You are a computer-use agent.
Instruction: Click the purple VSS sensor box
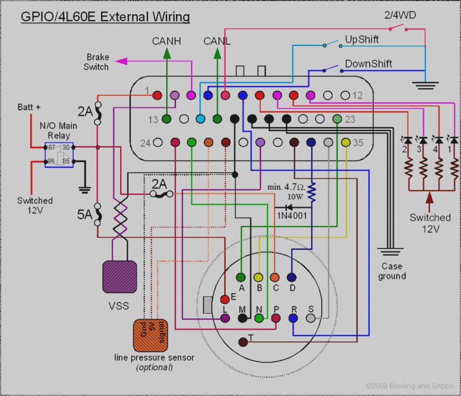[120, 277]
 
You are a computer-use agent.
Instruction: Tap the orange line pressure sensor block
[150, 336]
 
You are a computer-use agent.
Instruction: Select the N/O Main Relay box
[59, 155]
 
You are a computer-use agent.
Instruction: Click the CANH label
[167, 41]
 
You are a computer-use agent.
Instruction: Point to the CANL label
[217, 41]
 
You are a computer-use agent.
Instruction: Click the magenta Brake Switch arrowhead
[121, 61]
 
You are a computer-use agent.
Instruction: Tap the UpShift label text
[362, 39]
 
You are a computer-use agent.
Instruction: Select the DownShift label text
[369, 64]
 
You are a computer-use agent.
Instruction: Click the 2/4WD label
[400, 15]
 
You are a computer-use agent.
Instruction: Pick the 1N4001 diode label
[292, 215]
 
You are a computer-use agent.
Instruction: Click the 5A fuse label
[85, 215]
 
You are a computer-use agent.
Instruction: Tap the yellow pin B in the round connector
[259, 277]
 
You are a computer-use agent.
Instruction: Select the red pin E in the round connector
[225, 299]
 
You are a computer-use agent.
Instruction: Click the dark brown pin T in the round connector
[243, 342]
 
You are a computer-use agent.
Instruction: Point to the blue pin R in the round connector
[293, 318]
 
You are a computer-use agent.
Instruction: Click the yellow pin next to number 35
[346, 143]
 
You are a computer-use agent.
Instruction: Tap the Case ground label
[392, 271]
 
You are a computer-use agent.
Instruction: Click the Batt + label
[29, 107]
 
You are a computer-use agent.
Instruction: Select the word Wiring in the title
[171, 17]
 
